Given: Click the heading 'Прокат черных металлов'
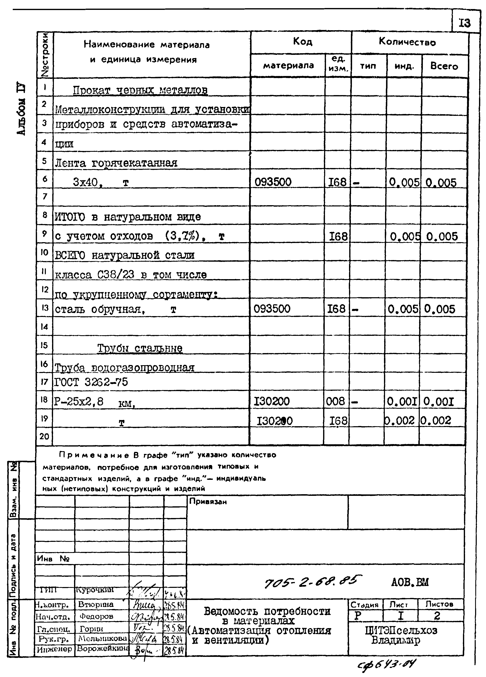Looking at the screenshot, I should (x=140, y=90).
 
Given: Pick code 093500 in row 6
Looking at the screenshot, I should (x=273, y=182).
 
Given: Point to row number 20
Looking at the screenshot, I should (x=44, y=436).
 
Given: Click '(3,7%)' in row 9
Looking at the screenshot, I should (x=182, y=236).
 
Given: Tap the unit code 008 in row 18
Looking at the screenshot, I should (x=335, y=401).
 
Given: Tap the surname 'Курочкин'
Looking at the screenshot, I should (x=95, y=589).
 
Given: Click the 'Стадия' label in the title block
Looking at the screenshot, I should (x=364, y=604).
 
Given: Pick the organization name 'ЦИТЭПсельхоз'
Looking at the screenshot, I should (x=401, y=630).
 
